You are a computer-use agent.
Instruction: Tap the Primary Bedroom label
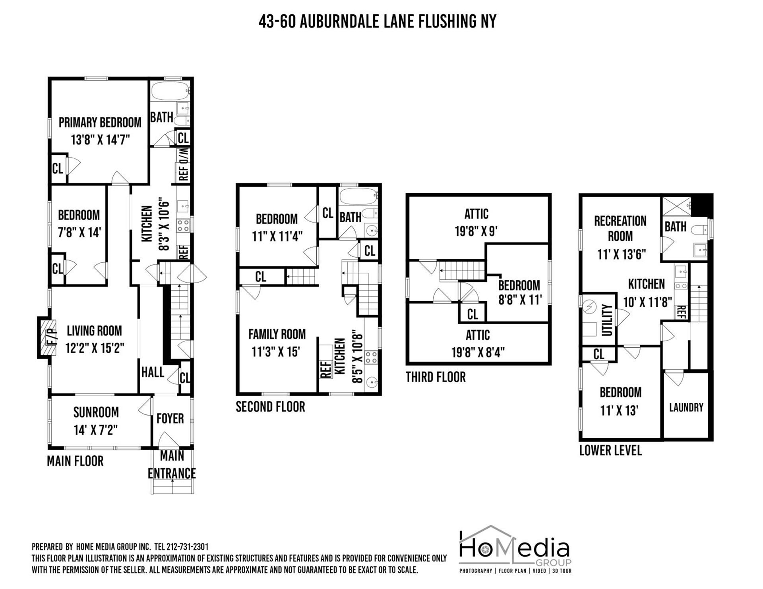point(100,122)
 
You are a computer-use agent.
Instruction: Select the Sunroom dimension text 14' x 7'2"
point(96,430)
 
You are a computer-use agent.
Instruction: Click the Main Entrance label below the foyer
point(172,464)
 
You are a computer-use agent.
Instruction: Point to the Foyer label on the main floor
point(170,418)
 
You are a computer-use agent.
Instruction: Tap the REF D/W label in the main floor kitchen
point(183,165)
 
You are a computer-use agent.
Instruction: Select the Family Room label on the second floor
point(277,334)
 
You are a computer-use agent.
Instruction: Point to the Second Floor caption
point(270,407)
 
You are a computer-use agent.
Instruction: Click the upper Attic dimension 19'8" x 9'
point(476,231)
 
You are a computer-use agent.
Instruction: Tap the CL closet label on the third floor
point(473,314)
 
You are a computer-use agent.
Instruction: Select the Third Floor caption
point(436,377)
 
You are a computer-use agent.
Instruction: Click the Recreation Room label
point(620,228)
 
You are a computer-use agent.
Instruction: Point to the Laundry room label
point(686,407)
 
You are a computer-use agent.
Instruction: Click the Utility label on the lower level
point(607,320)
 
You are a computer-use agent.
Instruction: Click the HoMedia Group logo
point(515,550)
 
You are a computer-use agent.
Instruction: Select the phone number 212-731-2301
point(186,547)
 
